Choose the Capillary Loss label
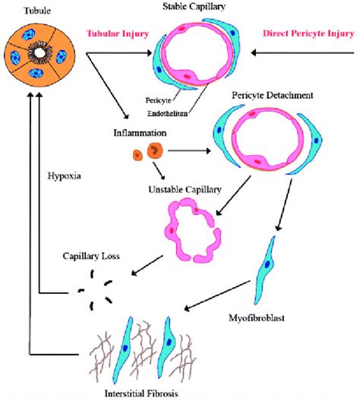[x=85, y=256]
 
